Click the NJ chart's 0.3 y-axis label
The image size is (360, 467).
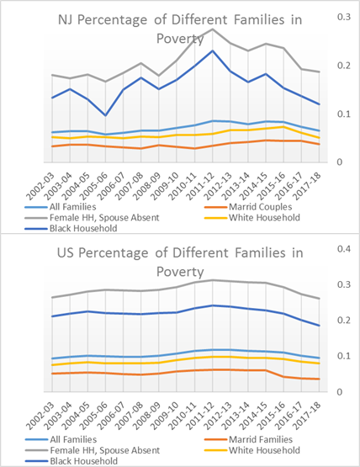click(x=344, y=17)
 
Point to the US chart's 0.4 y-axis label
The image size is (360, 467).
click(x=344, y=249)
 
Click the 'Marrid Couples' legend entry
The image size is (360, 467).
click(x=249, y=207)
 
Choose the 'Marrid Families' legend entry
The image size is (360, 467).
click(x=249, y=439)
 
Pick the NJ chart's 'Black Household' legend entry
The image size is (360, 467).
click(x=71, y=229)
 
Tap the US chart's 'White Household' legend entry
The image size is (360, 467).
click(x=252, y=450)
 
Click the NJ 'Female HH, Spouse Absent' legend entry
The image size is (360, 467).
click(x=93, y=218)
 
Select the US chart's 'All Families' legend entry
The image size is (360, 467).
click(x=61, y=439)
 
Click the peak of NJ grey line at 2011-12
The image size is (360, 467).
click(x=212, y=29)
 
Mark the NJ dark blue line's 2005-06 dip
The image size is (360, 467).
click(x=105, y=115)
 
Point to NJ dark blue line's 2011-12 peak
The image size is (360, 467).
click(x=212, y=51)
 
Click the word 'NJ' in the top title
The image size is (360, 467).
click(x=66, y=20)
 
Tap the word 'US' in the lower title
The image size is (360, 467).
click(x=65, y=253)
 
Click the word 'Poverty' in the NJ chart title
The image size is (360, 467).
click(x=180, y=39)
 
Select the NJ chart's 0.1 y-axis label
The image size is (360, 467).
click(x=344, y=114)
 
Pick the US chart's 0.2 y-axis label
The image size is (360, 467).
click(x=344, y=321)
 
